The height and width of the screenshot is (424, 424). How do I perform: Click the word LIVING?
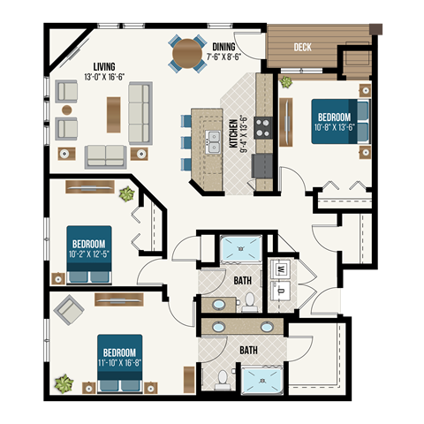[x=107, y=65]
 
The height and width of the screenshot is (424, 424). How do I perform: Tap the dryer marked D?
[x=281, y=288]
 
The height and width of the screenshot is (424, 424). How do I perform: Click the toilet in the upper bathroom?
[x=250, y=302]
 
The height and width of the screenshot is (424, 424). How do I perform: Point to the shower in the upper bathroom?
[x=238, y=250]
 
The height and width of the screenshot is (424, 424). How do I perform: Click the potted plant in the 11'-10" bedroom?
[x=63, y=383]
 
